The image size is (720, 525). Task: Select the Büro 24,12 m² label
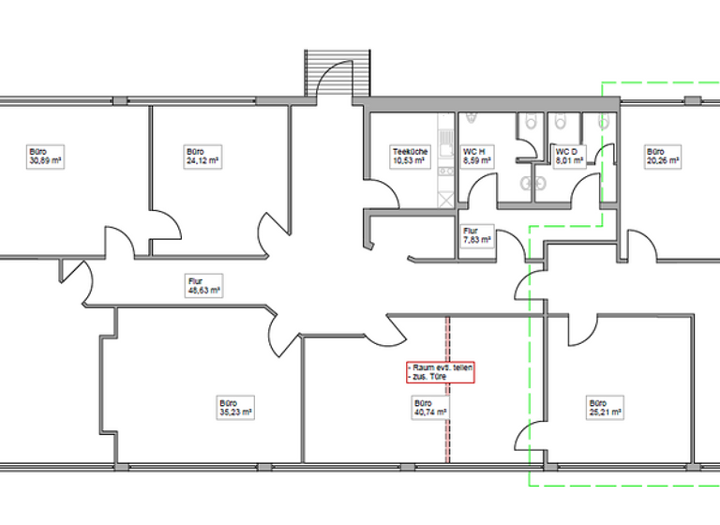coord(202,156)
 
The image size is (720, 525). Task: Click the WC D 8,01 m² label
coord(569,156)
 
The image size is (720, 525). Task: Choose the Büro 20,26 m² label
coord(661,156)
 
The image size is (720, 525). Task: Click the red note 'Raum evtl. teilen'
coord(440,372)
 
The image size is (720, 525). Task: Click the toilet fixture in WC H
coord(472,121)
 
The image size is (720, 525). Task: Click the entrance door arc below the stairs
coord(336,82)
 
